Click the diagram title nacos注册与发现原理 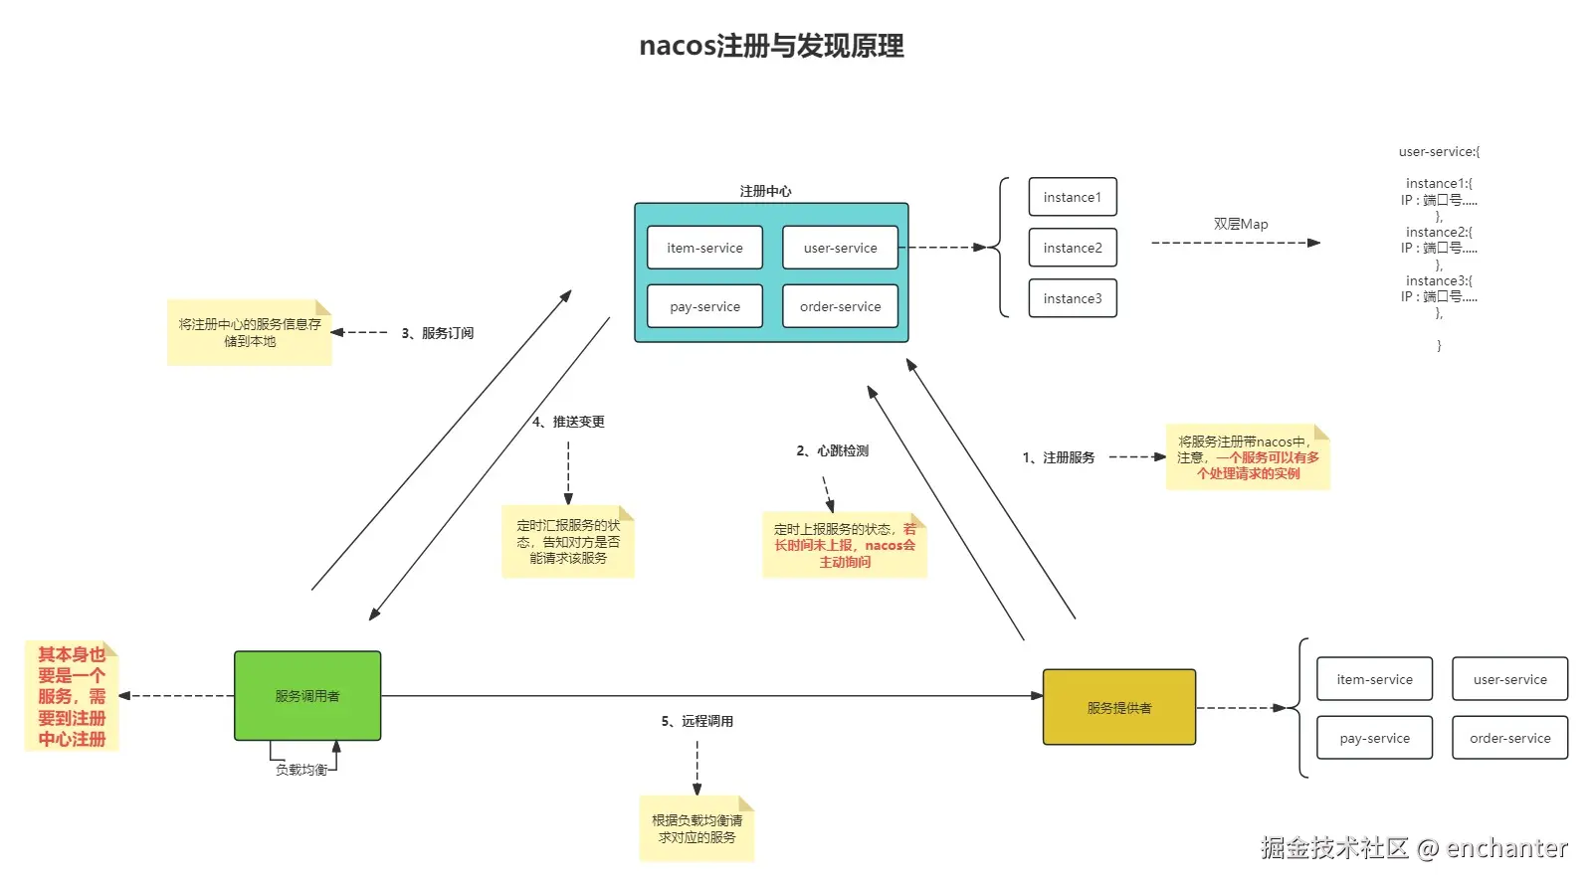[x=771, y=46]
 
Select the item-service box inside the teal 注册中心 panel [x=704, y=248]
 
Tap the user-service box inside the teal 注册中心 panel [x=840, y=248]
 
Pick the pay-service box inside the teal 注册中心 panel [x=704, y=306]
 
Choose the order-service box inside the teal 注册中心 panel [x=840, y=306]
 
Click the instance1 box [x=1072, y=197]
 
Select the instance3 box [x=1072, y=298]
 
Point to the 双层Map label [x=1240, y=224]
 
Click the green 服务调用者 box [x=307, y=696]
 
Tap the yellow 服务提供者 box [x=1118, y=707]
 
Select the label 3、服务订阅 [x=437, y=333]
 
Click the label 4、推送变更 [x=568, y=422]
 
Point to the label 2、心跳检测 [x=832, y=450]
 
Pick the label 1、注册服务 [x=1058, y=457]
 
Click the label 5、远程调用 [x=696, y=721]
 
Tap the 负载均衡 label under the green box [x=300, y=770]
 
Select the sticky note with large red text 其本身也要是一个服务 [x=72, y=696]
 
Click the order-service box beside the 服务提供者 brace [x=1509, y=738]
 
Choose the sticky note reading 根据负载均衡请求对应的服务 [x=696, y=828]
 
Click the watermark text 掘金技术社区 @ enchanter [x=1413, y=848]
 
